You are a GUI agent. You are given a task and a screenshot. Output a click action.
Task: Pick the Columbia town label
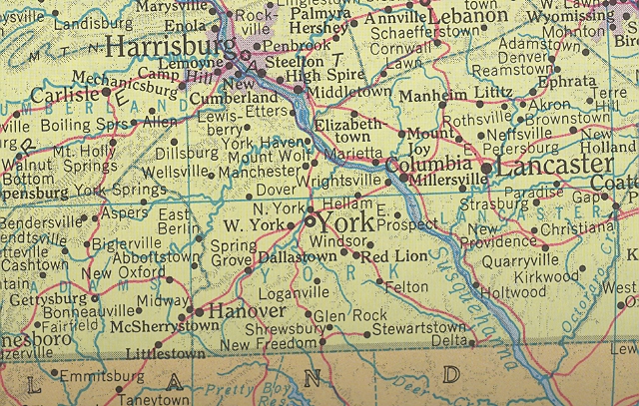[429, 164]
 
